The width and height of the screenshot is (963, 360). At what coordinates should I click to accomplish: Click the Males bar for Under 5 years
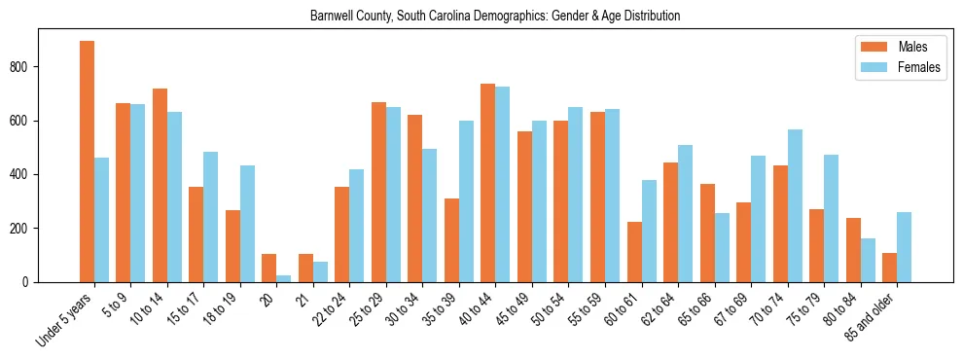(x=87, y=162)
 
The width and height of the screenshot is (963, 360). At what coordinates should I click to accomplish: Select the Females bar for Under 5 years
(x=101, y=220)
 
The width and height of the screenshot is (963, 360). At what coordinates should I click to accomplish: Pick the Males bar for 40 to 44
(x=488, y=183)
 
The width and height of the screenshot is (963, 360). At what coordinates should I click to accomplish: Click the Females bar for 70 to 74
(x=795, y=205)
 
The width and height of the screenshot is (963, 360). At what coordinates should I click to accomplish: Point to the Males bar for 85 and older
(x=889, y=268)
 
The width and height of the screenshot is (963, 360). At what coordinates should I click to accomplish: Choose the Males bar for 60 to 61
(x=634, y=252)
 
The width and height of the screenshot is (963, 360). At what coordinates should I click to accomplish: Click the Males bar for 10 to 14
(x=160, y=185)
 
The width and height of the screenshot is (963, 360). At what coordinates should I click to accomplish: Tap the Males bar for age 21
(x=305, y=268)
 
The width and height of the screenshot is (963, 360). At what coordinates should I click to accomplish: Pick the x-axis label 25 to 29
(x=366, y=307)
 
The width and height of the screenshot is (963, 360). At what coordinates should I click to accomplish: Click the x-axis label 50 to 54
(x=548, y=307)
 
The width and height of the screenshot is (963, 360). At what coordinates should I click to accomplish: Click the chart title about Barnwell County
(x=495, y=17)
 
